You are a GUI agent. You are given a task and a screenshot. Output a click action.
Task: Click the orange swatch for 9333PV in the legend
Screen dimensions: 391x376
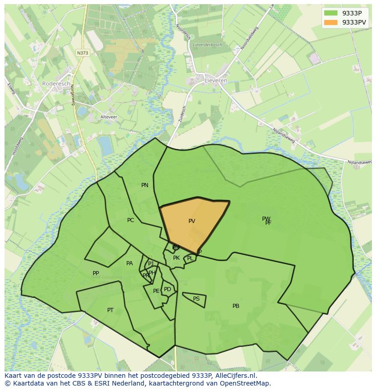coord(331,22)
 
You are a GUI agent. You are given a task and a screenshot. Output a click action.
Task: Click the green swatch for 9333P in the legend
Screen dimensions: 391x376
coord(331,13)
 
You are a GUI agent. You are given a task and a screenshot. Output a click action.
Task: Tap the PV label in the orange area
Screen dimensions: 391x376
coord(192,221)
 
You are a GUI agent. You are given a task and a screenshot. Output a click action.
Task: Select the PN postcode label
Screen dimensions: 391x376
coord(145,185)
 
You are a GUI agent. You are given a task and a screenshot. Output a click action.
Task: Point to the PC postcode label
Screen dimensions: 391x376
coord(131,220)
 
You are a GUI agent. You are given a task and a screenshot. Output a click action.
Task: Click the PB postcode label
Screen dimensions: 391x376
coord(236,306)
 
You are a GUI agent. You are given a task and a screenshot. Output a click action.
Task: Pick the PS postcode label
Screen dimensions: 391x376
coord(196,299)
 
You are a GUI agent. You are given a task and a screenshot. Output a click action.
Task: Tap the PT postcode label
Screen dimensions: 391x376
coord(110,310)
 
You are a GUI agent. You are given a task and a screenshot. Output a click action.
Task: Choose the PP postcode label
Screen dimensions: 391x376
coord(96,273)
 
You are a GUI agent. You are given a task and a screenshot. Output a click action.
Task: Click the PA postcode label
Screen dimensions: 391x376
coord(129,263)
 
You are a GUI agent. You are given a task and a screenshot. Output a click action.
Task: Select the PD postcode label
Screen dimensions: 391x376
coord(168,289)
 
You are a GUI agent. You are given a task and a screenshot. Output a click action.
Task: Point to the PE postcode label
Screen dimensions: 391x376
coord(156,291)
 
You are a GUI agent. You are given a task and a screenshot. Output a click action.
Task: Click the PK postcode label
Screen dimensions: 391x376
coord(176,258)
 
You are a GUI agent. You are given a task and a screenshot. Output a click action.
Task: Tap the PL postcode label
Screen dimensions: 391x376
coord(190,258)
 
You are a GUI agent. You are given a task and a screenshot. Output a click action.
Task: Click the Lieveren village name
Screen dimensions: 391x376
coord(216,80)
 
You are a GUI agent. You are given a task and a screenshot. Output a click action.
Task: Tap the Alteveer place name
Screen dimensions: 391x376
coord(109,117)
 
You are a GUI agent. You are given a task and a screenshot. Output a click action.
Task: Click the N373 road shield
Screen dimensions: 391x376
coord(83,53)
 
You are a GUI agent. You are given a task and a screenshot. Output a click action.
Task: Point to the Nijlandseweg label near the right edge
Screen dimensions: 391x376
coord(359,162)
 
